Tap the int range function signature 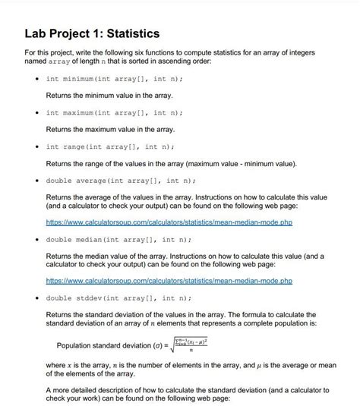[110, 146]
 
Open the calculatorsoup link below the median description [169, 281]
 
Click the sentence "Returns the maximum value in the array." [111, 129]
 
